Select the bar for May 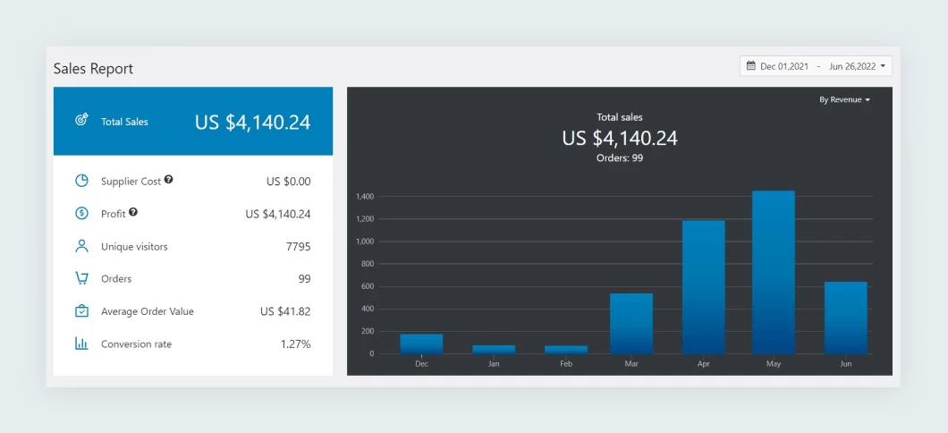tap(773, 272)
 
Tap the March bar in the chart tap(631, 323)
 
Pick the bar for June tap(845, 318)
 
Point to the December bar tap(421, 344)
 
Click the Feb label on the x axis tap(565, 364)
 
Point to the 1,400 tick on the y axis tap(364, 196)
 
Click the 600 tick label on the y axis tap(366, 286)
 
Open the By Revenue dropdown tap(844, 100)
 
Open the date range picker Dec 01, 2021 tap(816, 66)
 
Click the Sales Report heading tap(93, 69)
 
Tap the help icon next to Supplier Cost tap(168, 180)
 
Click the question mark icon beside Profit tap(133, 212)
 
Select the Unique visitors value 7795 tap(298, 246)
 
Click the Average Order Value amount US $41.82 tap(285, 311)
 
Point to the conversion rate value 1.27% tap(295, 344)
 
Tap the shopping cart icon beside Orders tap(81, 278)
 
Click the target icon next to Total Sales tap(81, 120)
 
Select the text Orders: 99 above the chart tap(620, 158)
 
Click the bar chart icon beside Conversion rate tap(81, 344)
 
